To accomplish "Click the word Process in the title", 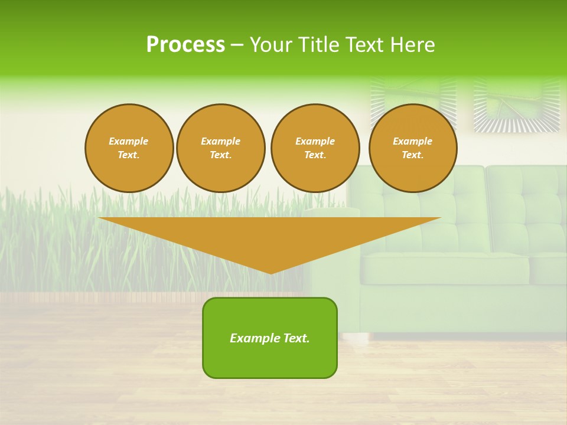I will [185, 45].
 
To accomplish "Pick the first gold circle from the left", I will [129, 148].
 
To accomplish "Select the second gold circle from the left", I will [221, 148].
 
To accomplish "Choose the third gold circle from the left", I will [315, 148].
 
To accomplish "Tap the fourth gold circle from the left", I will [413, 148].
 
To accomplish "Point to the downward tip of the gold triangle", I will [271, 272].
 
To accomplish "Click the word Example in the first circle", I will [129, 141].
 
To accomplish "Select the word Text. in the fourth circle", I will [413, 155].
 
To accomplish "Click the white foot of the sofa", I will [354, 338].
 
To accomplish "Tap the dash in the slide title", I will [237, 45].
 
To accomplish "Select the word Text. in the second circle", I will [221, 155].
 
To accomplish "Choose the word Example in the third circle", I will [315, 141].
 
